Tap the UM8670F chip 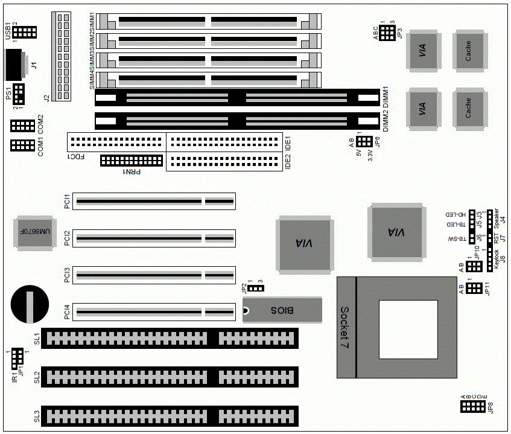coord(30,232)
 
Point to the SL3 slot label coord(37,416)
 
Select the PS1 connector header coord(19,94)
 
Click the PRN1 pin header coord(132,161)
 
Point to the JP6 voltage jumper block coord(363,142)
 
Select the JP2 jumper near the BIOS coord(256,288)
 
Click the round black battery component coord(28,305)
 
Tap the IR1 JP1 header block coord(17,358)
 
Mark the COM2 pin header coord(23,126)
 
